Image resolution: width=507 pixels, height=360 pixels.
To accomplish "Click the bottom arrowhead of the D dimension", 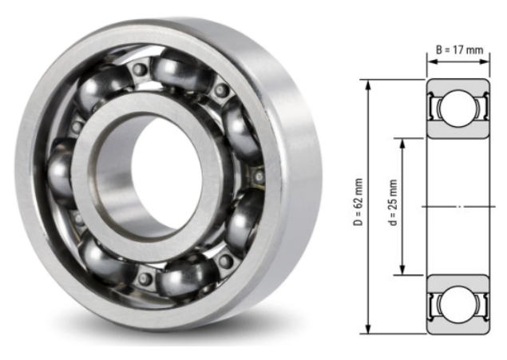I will coord(368,330).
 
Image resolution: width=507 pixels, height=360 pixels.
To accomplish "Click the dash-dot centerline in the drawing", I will coord(459,207).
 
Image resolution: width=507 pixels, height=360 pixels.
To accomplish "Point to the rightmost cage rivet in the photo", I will coord(257,175).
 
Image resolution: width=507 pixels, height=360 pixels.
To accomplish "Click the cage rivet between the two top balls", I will coord(141,70).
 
